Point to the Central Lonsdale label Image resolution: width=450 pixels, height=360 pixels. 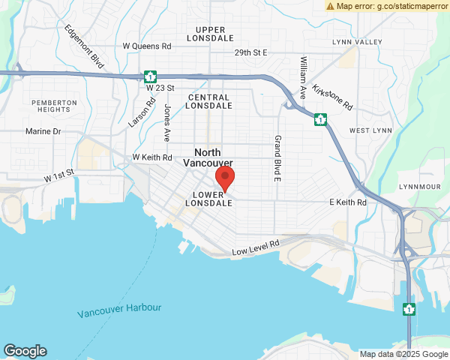pos(209,102)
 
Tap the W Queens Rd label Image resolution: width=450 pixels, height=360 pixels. pos(148,46)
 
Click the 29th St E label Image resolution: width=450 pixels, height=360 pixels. pos(250,53)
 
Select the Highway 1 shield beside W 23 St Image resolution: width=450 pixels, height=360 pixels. pos(151,76)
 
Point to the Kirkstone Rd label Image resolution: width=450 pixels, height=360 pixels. pos(331,97)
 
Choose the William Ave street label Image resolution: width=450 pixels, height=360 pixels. pos(304,78)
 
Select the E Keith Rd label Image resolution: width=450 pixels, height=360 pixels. pos(347,202)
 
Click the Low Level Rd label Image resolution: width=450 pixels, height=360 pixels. pos(256,247)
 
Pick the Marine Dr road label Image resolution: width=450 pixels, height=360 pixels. pos(43,131)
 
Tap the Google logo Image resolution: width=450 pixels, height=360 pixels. pos(25,350)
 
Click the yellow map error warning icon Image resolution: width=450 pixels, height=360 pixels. pos(330,6)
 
